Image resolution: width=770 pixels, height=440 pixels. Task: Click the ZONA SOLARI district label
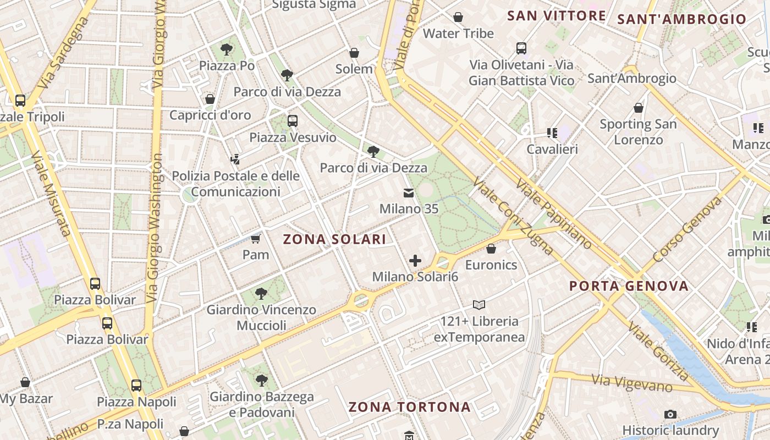334,239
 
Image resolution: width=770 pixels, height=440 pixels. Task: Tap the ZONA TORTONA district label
410,407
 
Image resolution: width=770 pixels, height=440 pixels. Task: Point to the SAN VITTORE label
556,15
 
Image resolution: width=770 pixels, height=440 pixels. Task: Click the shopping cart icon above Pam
255,239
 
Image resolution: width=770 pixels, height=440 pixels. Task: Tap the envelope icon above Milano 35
409,193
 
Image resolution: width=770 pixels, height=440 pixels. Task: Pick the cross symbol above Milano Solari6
415,261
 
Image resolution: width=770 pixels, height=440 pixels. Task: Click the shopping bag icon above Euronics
491,249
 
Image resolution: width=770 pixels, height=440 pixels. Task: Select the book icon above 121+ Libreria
479,305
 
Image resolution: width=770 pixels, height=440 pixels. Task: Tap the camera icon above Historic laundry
670,414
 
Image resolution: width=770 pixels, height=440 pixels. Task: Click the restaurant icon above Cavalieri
552,133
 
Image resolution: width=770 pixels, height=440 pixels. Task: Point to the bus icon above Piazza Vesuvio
293,121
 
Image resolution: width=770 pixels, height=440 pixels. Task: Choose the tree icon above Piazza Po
226,50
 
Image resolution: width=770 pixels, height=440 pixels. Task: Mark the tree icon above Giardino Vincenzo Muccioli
261,294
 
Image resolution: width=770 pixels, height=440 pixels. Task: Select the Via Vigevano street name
632,383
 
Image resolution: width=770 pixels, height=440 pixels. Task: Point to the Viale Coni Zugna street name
513,217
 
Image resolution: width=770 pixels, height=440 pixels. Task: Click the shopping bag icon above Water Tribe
458,17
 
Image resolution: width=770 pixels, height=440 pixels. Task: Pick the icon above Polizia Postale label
235,159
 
